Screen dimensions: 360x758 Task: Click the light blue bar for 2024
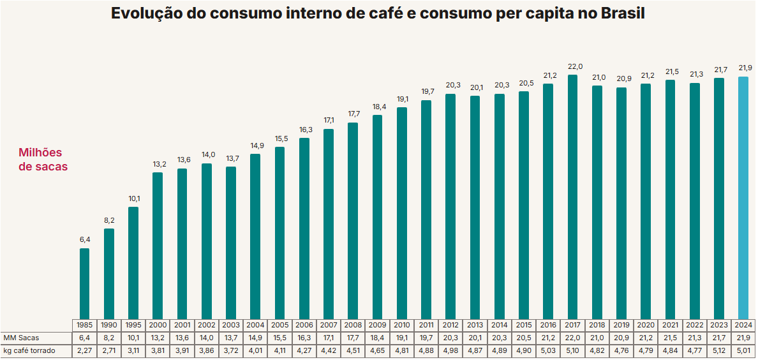pos(743,198)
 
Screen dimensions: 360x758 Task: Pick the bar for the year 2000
pos(158,245)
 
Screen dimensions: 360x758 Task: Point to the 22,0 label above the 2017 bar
pos(572,66)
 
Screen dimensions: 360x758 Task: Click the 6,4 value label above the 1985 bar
pos(84,240)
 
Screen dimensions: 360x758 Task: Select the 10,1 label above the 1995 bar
pos(133,199)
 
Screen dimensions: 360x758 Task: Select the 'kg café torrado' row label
pos(29,350)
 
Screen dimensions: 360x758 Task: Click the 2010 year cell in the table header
pos(402,325)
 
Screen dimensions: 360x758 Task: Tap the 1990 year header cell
pos(109,325)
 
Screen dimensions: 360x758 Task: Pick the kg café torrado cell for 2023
pos(719,350)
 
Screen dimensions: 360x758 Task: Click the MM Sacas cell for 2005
pos(279,337)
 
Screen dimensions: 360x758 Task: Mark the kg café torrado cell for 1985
pos(84,350)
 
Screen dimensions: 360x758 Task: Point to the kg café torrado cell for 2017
pos(572,350)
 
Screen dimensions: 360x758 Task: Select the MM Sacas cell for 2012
pos(450,337)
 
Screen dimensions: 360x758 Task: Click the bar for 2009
pos(377,216)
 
